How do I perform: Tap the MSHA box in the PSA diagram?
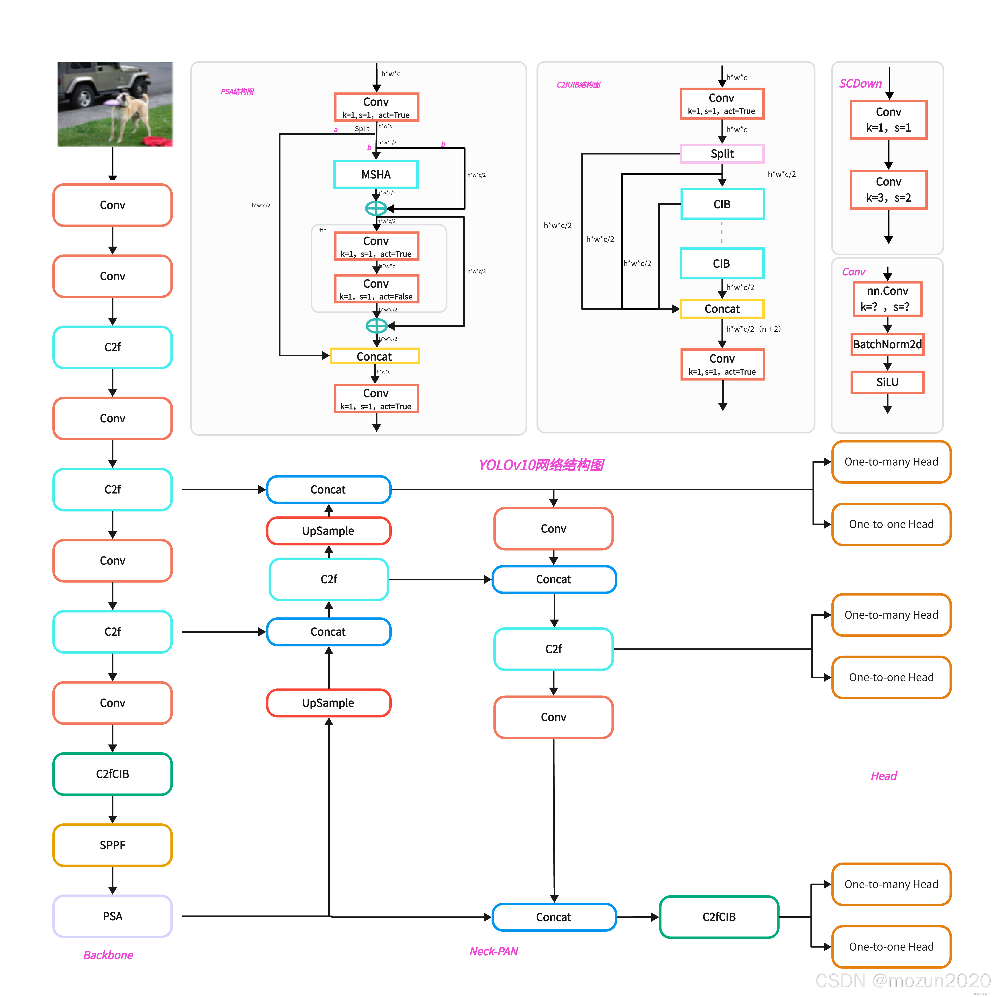(376, 175)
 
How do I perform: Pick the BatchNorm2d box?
(887, 344)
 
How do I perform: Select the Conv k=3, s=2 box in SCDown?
(888, 189)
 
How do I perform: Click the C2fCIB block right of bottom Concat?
(719, 917)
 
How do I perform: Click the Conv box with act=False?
(376, 289)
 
